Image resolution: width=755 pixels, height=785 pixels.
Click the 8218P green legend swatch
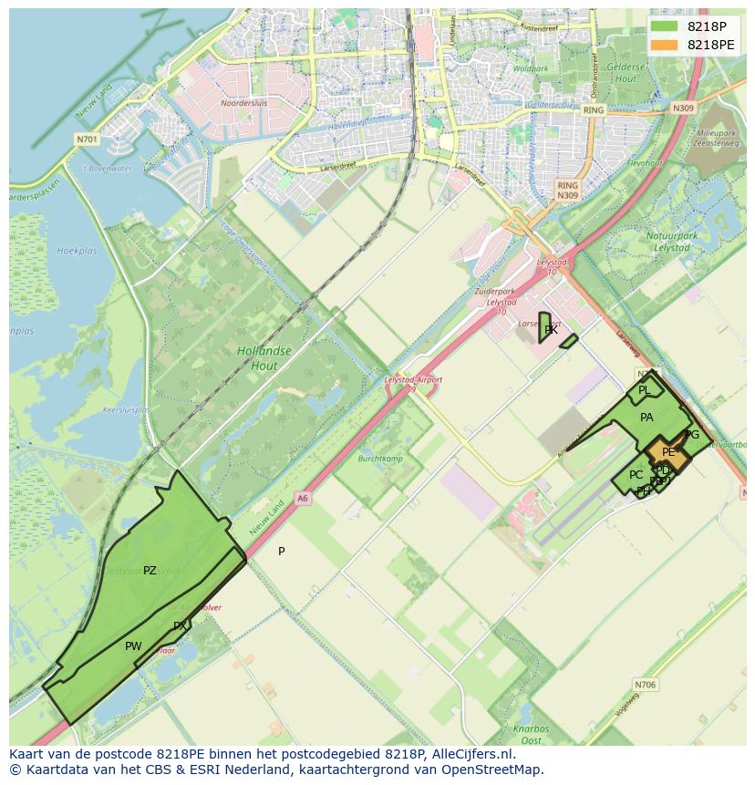tap(665, 26)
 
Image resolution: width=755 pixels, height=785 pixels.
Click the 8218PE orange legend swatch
tap(665, 45)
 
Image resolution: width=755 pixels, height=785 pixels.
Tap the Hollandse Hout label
tap(264, 358)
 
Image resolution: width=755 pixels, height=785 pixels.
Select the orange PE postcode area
tap(667, 452)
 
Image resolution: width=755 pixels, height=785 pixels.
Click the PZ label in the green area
tap(150, 571)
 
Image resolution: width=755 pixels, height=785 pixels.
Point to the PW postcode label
tap(133, 646)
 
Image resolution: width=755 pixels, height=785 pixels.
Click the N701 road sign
tap(87, 139)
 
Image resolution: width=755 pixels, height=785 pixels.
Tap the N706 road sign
tap(645, 684)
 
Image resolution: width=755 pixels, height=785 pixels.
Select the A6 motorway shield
tap(303, 498)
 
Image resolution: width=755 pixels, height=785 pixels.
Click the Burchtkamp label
tap(380, 459)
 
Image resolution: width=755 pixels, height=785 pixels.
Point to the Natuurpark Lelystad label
tap(671, 242)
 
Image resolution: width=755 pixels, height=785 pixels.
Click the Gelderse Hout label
tap(626, 74)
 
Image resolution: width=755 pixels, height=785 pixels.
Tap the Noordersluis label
tap(243, 103)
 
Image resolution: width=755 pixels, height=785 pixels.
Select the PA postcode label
tap(646, 418)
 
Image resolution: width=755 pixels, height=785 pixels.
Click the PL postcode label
tap(644, 390)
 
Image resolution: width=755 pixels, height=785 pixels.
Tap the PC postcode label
tap(636, 475)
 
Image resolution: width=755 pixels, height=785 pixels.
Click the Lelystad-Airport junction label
tap(413, 379)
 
